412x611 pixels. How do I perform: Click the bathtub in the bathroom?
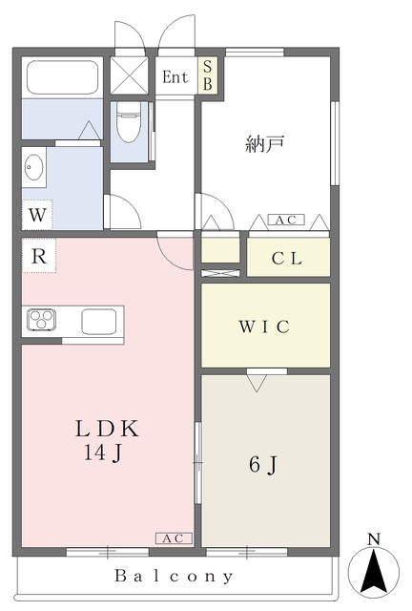point(61,77)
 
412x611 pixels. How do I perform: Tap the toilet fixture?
point(128,121)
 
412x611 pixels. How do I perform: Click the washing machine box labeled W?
point(36,214)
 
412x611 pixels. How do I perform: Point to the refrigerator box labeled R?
point(39,255)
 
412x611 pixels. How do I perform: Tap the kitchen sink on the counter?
point(98,322)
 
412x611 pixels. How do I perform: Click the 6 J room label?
point(263,465)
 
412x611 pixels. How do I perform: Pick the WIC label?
point(264,326)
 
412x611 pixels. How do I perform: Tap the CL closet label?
point(287,258)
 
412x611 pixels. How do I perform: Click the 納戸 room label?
point(265,145)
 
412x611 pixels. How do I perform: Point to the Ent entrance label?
point(175,77)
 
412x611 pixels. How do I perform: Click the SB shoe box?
point(207,76)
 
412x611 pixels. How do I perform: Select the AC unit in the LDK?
point(175,538)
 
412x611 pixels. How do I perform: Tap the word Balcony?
point(175,576)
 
